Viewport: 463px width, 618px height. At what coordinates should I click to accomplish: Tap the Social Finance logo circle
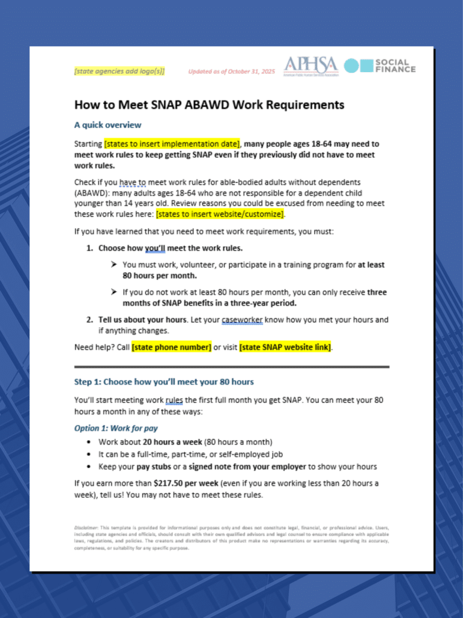click(x=351, y=66)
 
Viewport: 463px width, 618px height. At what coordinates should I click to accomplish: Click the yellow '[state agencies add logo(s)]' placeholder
click(x=119, y=72)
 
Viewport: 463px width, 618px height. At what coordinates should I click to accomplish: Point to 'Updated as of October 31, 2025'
click(x=231, y=72)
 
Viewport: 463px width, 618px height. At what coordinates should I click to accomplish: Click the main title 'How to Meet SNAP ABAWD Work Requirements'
click(x=209, y=105)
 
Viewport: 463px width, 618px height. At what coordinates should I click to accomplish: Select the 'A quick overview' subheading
click(x=107, y=125)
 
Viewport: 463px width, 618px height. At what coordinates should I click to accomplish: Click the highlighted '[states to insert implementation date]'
click(x=172, y=144)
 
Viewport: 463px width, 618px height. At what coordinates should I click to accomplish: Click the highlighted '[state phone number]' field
click(x=171, y=347)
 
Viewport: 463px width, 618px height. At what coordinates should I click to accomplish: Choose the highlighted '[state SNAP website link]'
click(x=285, y=347)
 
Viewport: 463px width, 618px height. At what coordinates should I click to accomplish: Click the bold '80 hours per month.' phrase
click(x=159, y=275)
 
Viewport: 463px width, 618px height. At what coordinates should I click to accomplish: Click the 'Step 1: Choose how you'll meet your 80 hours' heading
click(x=164, y=382)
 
